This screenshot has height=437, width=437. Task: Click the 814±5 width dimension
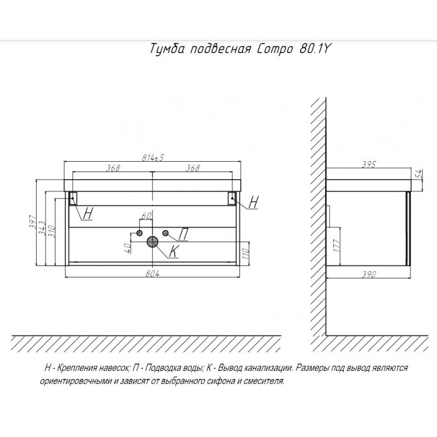[153, 157]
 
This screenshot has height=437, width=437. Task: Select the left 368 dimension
[113, 168]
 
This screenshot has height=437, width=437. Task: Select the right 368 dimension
[193, 168]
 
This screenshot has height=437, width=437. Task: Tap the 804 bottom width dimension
[152, 274]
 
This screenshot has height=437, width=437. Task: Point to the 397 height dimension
[33, 222]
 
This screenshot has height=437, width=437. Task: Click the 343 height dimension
[42, 228]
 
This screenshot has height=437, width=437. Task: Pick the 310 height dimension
[52, 231]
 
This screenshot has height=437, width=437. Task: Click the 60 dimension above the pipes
[146, 216]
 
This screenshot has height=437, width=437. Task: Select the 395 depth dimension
[369, 164]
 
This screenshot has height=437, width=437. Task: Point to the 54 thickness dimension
[420, 174]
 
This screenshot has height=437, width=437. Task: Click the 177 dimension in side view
[336, 245]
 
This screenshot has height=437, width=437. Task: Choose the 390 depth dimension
[369, 274]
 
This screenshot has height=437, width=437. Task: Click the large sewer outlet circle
[152, 241]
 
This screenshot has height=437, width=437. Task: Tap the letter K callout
[174, 251]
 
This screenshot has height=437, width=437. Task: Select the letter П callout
[183, 234]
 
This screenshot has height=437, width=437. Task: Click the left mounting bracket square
[73, 198]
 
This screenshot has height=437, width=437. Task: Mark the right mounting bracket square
[232, 198]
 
